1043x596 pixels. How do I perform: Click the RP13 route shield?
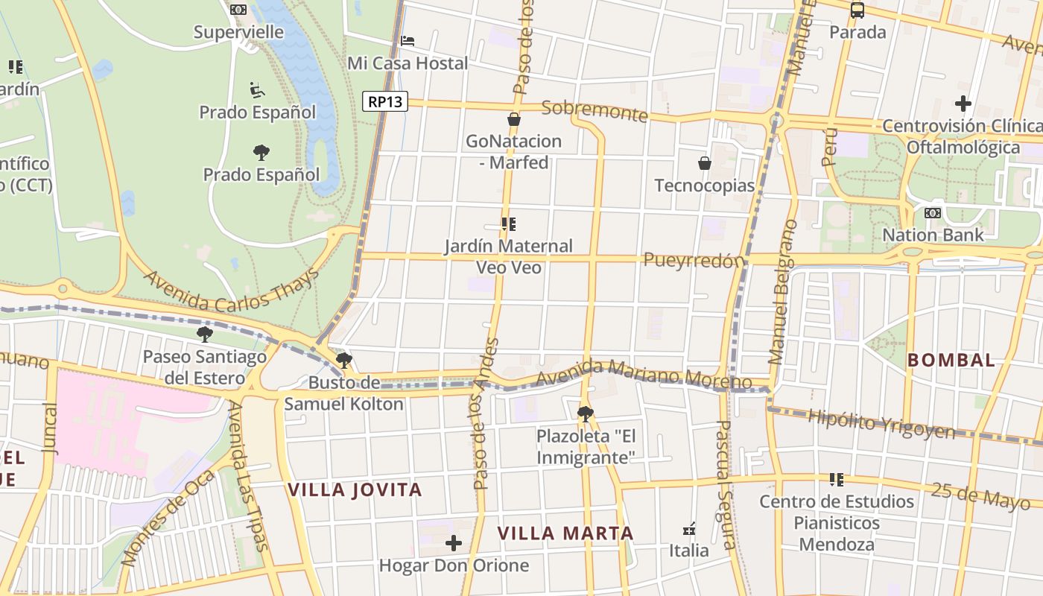click(385, 101)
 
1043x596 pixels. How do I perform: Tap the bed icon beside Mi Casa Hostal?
click(408, 40)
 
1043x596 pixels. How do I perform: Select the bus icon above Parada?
click(857, 10)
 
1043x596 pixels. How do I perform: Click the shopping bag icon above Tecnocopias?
click(704, 162)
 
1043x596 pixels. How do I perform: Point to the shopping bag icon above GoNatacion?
click(513, 118)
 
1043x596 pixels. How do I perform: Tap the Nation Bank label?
click(933, 235)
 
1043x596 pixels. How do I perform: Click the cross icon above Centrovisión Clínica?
click(963, 103)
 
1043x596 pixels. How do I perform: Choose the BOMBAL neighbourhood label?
click(951, 361)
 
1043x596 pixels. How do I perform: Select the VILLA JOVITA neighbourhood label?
click(355, 490)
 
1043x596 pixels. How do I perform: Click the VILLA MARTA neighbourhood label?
click(565, 533)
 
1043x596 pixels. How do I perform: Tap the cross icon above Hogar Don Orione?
click(453, 543)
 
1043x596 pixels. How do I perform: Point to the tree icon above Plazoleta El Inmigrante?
click(586, 413)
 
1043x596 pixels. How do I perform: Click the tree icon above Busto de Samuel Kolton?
click(343, 361)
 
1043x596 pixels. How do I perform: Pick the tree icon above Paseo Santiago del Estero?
click(204, 334)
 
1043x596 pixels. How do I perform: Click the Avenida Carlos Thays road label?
click(231, 291)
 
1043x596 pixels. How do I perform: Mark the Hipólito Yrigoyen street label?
click(881, 424)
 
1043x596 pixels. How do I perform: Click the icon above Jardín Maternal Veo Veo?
click(509, 223)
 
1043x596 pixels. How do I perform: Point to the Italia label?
click(689, 551)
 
